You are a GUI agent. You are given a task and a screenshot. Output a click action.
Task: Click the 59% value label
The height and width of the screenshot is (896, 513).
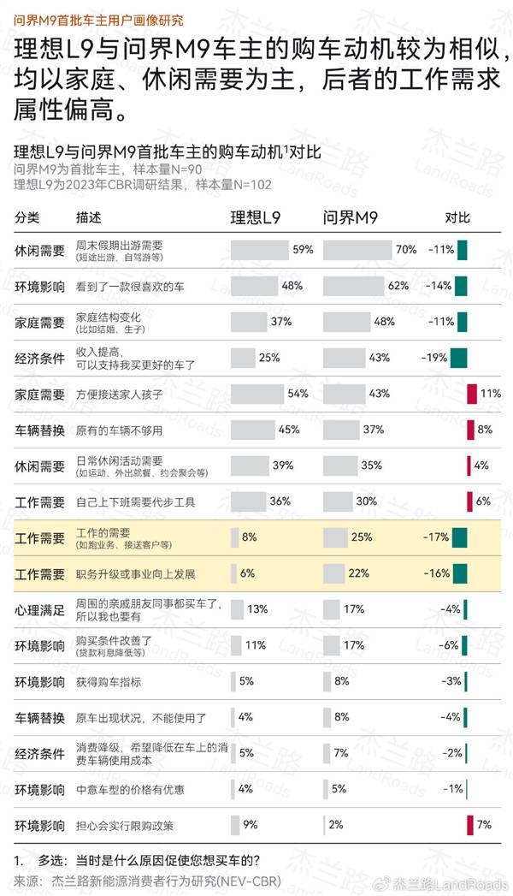pyautogui.click(x=303, y=250)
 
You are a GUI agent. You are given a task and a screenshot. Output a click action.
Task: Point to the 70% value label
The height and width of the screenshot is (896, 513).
pyautogui.click(x=406, y=250)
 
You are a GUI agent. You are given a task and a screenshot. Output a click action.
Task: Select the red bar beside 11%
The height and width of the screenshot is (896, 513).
pyautogui.click(x=471, y=394)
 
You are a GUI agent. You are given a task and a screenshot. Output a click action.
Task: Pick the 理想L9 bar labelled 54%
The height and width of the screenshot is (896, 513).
pyautogui.click(x=258, y=394)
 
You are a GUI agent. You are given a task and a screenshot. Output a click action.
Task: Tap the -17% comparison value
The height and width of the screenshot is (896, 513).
pyautogui.click(x=436, y=537)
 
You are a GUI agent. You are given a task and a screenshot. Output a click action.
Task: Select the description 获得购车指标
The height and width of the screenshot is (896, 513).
pyautogui.click(x=109, y=681)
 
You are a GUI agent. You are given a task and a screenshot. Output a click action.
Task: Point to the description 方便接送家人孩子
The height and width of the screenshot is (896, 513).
pyautogui.click(x=119, y=394)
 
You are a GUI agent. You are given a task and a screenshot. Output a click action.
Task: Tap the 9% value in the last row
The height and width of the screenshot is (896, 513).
pyautogui.click(x=250, y=825)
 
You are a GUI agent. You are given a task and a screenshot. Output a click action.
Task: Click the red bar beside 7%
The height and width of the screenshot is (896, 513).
pyautogui.click(x=470, y=825)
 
